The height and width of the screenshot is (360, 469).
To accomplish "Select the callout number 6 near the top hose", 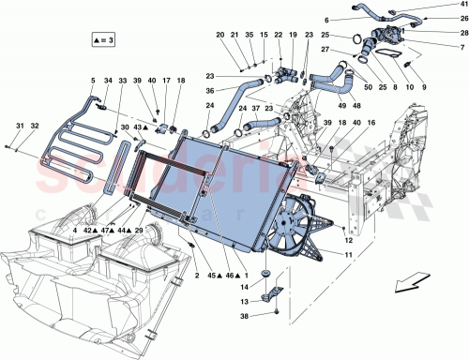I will click(x=327, y=21).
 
